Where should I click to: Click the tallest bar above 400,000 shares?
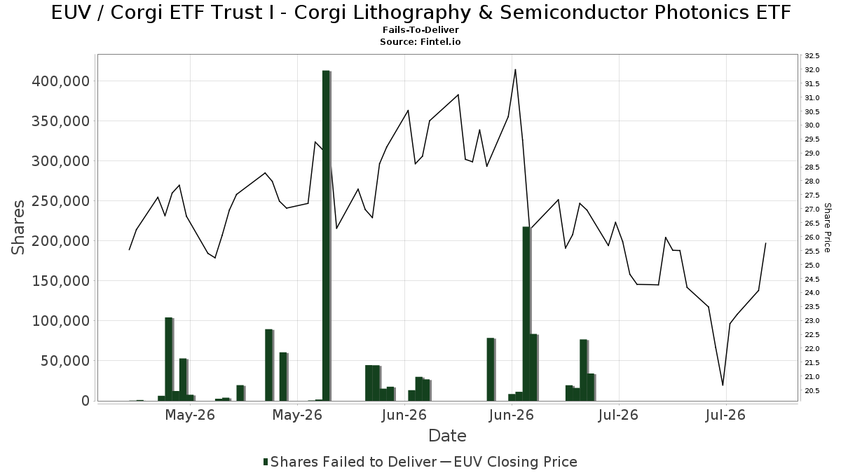click(x=327, y=235)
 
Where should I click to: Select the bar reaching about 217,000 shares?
click(x=526, y=314)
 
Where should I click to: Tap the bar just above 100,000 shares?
click(x=169, y=359)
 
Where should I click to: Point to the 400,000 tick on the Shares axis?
click(x=61, y=81)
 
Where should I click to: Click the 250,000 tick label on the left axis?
click(x=61, y=201)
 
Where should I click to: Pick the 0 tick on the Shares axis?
click(x=86, y=401)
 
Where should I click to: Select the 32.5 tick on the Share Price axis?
click(x=812, y=56)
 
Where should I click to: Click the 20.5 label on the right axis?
click(x=812, y=391)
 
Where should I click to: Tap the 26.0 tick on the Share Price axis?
click(x=812, y=238)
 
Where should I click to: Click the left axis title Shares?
click(x=18, y=228)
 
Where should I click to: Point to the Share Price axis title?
click(x=827, y=228)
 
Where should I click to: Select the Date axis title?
click(x=447, y=436)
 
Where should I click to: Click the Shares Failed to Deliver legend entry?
click(x=350, y=462)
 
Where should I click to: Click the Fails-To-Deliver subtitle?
click(x=420, y=29)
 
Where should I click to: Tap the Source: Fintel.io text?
click(x=420, y=41)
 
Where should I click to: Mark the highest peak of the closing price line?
click(x=515, y=69)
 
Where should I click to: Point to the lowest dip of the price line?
click(x=723, y=385)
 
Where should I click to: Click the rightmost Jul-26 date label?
click(x=725, y=415)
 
